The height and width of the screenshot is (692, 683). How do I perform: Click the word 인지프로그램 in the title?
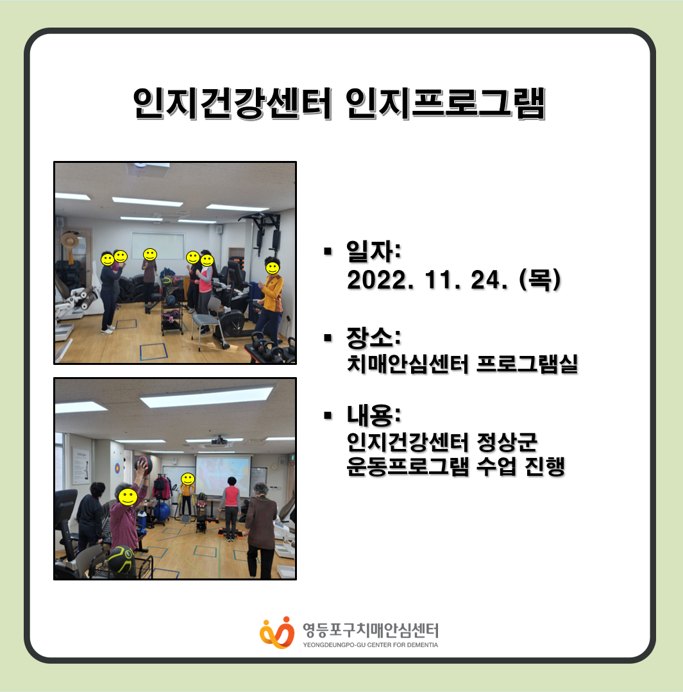click(445, 103)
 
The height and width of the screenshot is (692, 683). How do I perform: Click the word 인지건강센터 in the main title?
click(232, 103)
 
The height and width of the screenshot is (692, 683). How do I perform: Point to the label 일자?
click(374, 251)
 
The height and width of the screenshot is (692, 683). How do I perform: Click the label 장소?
click(374, 337)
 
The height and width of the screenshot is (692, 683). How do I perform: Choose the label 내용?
click(374, 415)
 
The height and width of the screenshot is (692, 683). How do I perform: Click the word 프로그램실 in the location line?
click(527, 364)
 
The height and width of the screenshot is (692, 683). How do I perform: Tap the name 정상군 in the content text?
click(507, 442)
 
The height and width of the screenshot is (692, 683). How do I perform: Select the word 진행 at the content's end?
click(544, 466)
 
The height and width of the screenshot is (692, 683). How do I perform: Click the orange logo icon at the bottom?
click(276, 632)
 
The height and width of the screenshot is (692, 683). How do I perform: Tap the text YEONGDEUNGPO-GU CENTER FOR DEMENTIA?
click(370, 645)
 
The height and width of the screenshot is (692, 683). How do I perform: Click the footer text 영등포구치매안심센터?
click(370, 630)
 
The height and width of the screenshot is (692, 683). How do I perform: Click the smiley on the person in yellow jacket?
click(272, 267)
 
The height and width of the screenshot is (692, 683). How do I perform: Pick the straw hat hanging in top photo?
click(69, 241)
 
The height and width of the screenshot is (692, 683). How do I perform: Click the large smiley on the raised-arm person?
click(128, 497)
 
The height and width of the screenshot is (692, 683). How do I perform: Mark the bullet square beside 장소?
click(327, 338)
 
